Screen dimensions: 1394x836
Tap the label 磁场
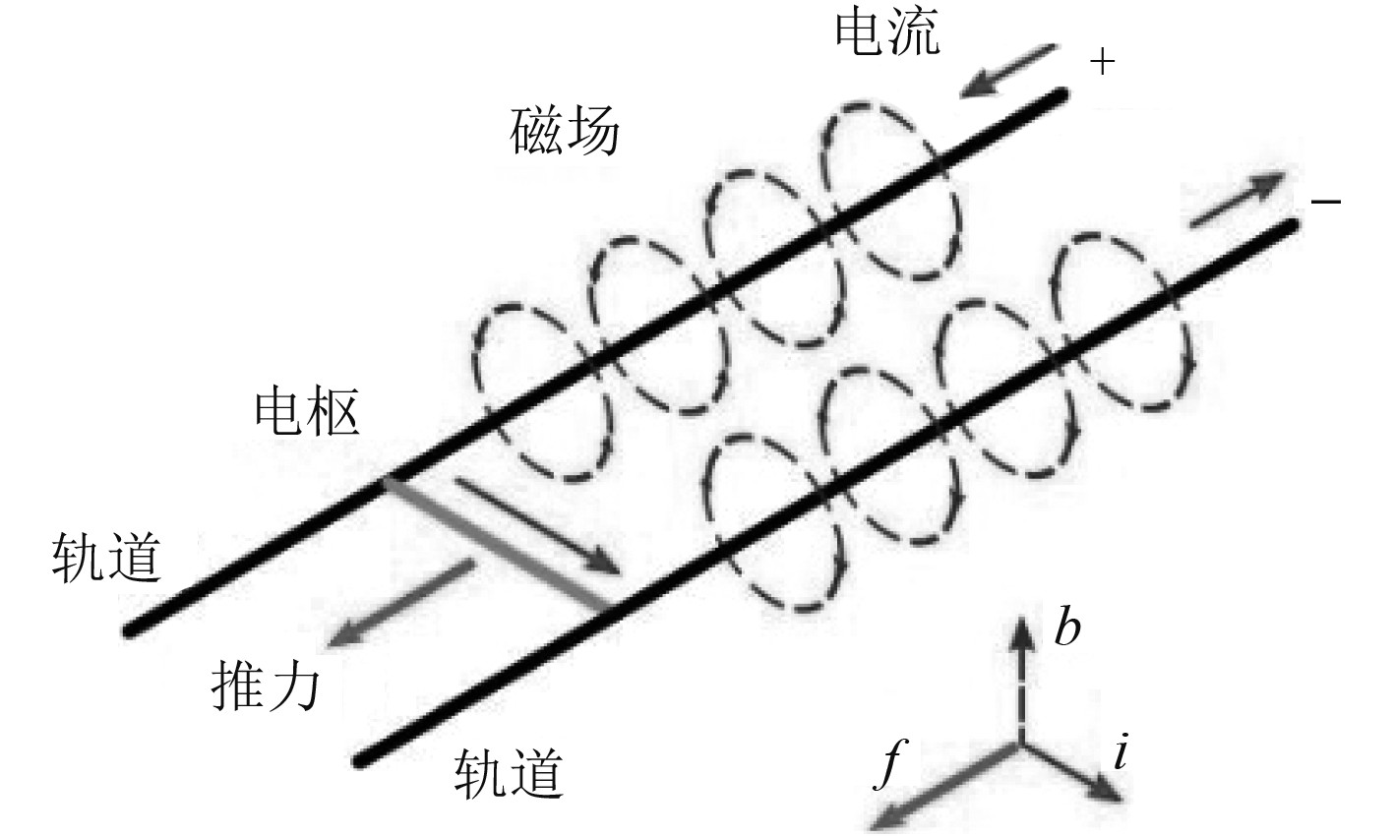tap(565, 132)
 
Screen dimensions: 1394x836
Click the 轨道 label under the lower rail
tap(510, 773)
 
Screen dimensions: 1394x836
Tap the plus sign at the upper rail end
tap(1104, 63)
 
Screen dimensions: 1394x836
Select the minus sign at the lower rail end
tap(1325, 202)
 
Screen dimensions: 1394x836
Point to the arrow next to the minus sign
tap(1238, 199)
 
